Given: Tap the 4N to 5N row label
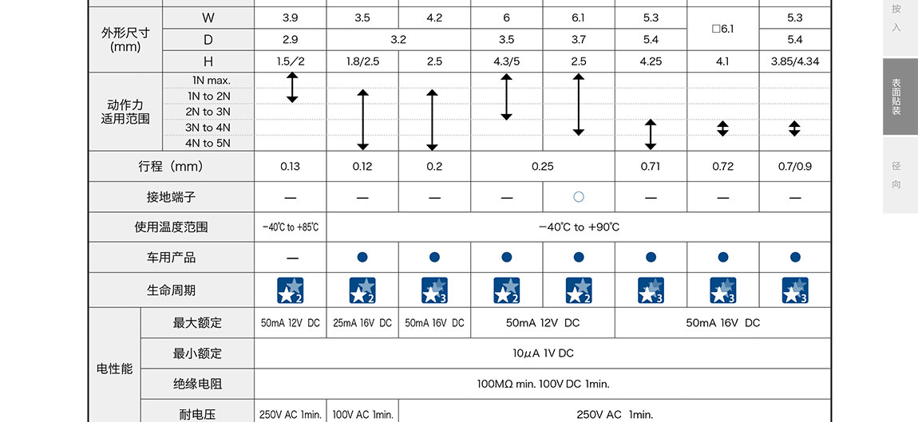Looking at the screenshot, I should (x=208, y=144).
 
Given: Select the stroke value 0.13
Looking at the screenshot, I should (x=290, y=167).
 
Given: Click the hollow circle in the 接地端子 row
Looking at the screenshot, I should (x=579, y=196).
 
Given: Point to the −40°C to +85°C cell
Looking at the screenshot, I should (x=290, y=227).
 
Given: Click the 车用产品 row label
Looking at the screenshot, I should (x=171, y=258).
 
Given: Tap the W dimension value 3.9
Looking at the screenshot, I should (x=290, y=18).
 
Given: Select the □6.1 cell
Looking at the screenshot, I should (x=722, y=29).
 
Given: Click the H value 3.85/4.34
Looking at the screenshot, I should (x=794, y=61).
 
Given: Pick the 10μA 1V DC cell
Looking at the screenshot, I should (x=543, y=353).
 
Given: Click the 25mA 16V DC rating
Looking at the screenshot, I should (x=362, y=323).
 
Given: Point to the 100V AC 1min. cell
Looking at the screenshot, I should (x=362, y=414).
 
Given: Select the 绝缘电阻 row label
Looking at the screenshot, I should (x=197, y=384).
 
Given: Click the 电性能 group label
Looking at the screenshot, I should (x=115, y=369).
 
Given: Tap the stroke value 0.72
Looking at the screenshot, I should (x=722, y=167).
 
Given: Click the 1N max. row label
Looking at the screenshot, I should (x=211, y=81).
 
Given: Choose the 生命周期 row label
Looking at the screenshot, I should (x=171, y=290).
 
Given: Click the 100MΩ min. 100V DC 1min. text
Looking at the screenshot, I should (x=543, y=384).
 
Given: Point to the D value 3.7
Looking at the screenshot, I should (x=579, y=39).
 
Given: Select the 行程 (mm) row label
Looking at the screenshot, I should (x=171, y=167).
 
